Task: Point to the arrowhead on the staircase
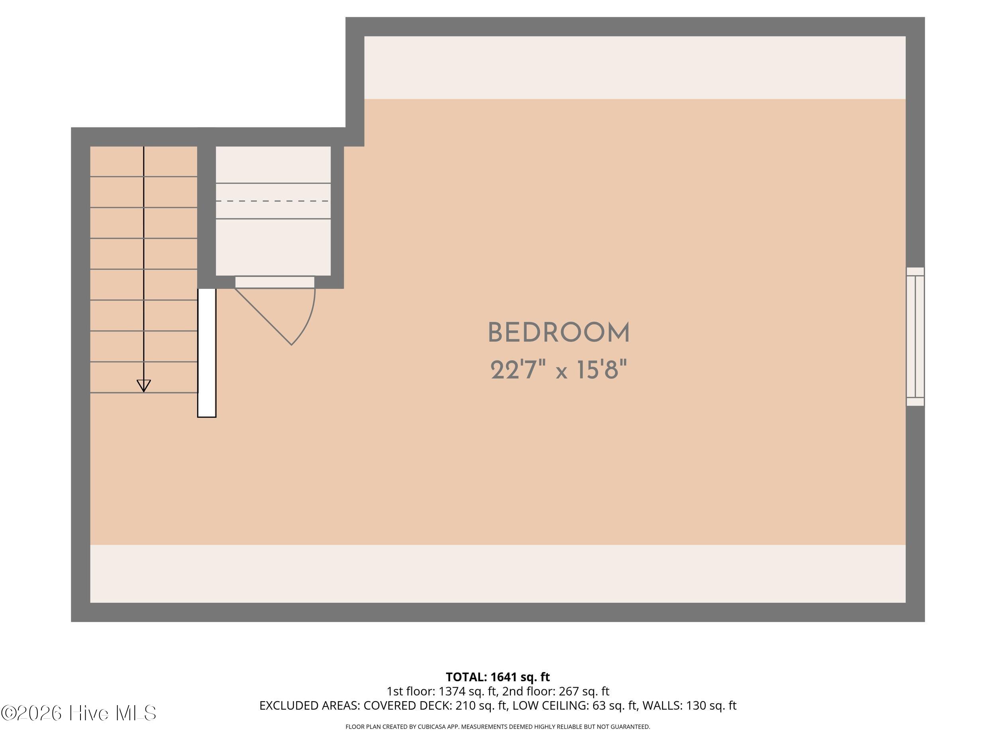click(x=144, y=385)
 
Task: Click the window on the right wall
click(x=915, y=336)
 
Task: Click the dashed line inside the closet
click(x=273, y=201)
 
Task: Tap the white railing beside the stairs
click(x=207, y=353)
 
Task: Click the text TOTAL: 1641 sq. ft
click(x=498, y=677)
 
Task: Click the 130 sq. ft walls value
click(x=711, y=706)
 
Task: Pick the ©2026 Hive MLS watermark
click(x=79, y=713)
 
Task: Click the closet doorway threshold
click(x=274, y=282)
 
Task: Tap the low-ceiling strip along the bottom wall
click(x=498, y=574)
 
